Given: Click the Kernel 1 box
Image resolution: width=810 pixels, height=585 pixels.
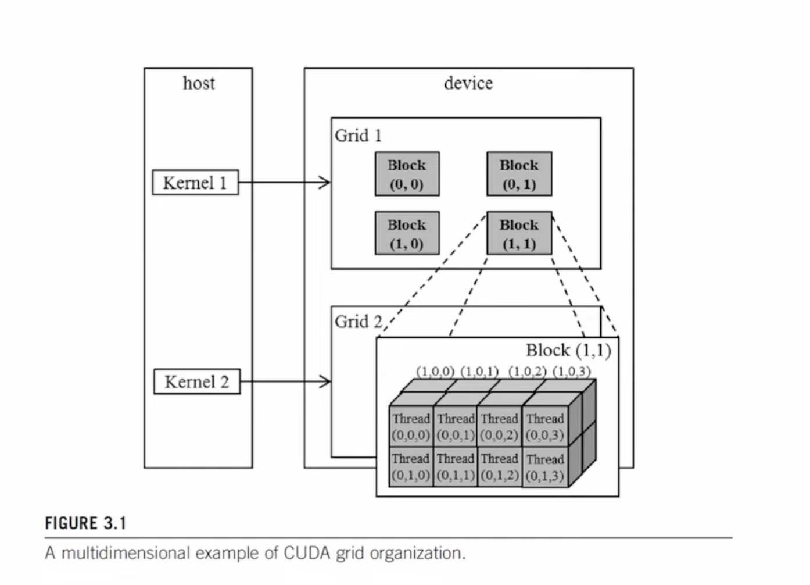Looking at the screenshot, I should click(195, 183).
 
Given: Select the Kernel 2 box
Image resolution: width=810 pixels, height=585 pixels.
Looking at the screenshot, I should click(196, 382).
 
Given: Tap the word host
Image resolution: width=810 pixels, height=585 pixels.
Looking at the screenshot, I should click(199, 83).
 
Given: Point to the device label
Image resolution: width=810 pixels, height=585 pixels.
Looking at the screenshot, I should click(468, 83).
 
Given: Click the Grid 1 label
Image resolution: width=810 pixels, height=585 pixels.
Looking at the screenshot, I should click(358, 135).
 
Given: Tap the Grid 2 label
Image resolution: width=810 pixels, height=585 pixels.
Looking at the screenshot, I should click(359, 322).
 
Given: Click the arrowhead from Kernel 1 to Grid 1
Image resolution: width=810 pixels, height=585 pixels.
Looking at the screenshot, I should click(326, 183).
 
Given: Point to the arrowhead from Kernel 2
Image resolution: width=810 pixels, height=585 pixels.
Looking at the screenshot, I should click(326, 382).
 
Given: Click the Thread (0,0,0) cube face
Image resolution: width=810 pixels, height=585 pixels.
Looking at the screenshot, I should click(411, 426).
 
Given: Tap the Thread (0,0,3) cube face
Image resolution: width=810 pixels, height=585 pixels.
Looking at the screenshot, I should click(544, 426).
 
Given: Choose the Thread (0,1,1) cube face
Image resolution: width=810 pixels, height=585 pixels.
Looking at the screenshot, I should click(456, 466).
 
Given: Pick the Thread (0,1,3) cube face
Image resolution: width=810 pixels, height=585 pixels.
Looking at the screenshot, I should click(544, 467).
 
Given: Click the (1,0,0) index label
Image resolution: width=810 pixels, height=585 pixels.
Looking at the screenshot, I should click(435, 372).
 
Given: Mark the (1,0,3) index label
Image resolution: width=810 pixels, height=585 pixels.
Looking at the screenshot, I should click(572, 372).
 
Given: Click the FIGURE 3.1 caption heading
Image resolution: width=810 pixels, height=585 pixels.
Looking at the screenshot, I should click(85, 523).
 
